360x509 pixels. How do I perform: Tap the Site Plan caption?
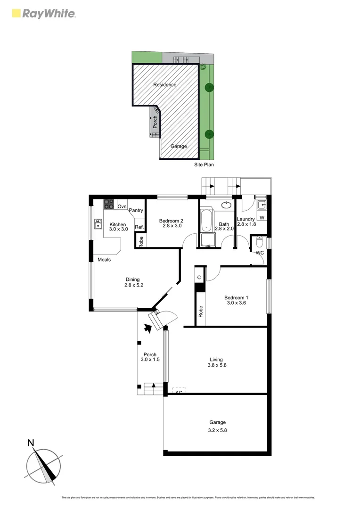tap(204, 165)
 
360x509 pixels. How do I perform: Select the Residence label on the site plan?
tap(165, 85)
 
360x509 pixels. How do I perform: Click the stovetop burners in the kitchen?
tap(109, 205)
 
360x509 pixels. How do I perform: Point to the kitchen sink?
tap(98, 224)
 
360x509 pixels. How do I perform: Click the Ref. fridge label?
tap(139, 227)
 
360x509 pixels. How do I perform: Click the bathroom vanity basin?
tap(226, 205)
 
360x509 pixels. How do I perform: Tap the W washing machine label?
tap(262, 217)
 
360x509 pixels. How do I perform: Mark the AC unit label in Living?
tap(179, 392)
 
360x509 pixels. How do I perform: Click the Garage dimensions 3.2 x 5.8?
tap(217, 430)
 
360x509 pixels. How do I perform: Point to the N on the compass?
tap(31, 443)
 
